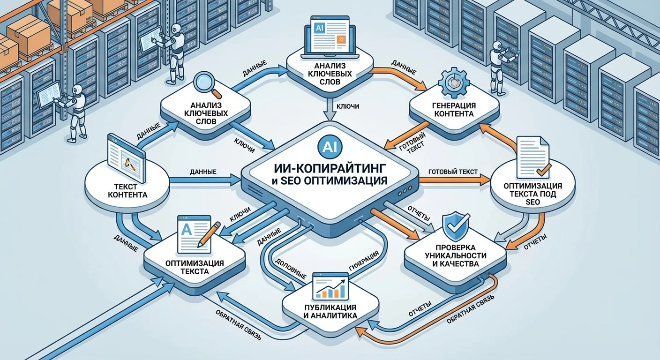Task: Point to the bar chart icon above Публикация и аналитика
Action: [x=331, y=287]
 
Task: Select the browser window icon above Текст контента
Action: [x=124, y=156]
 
